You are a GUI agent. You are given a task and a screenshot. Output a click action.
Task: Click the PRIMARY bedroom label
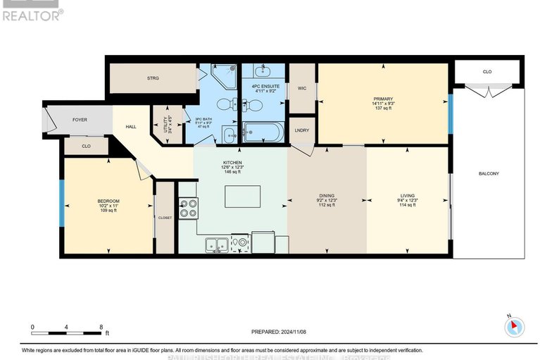(383, 99)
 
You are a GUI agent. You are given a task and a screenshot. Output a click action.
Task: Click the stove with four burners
(189, 208)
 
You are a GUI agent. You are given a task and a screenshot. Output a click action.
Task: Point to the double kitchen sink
(217, 244)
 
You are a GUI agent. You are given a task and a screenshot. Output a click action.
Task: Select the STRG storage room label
(153, 78)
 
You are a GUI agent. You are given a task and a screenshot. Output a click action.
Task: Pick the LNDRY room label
(302, 130)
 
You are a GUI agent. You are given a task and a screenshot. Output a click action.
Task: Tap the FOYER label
(80, 120)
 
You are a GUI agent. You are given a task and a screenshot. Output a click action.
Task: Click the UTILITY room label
(167, 125)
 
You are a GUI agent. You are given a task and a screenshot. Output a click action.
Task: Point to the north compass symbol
(515, 326)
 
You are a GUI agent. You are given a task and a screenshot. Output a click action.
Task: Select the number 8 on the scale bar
(101, 327)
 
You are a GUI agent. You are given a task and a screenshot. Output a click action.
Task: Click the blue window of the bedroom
(62, 204)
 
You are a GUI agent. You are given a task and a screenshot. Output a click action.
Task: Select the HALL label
(131, 127)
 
